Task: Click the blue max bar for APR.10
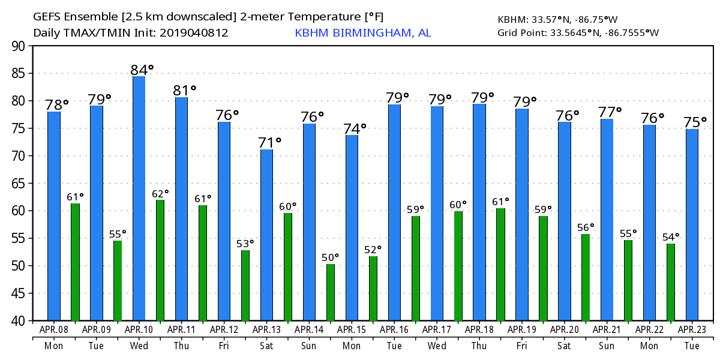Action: pos(139,198)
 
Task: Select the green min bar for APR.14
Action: pos(331,292)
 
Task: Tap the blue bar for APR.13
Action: pos(266,235)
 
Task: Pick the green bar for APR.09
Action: pos(118,280)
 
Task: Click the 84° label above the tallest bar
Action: pos(142,70)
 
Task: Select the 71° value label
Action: pos(270,143)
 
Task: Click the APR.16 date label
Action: pos(394,329)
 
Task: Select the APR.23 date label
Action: pos(692,329)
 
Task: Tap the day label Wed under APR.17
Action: pos(437,346)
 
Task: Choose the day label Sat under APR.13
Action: pos(266,346)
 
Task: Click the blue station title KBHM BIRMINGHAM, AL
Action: pos(362,33)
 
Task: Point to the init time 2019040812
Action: pos(194,33)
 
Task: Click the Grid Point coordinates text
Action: pos(578,32)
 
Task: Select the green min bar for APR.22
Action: pos(671,282)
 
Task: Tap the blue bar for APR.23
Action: pos(692,225)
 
